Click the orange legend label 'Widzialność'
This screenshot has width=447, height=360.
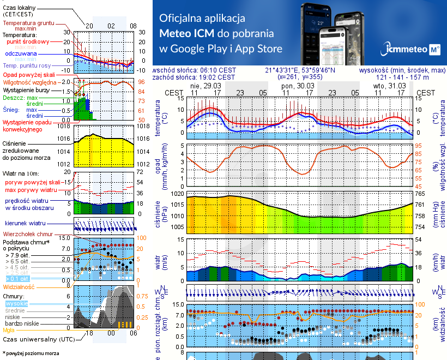pyautogui.click(x=19, y=286)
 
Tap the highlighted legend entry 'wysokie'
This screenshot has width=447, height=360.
pyautogui.click(x=16, y=303)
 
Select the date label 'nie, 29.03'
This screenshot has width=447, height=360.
pyautogui.click(x=203, y=86)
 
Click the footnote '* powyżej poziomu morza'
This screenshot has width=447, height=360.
pyautogui.click(x=29, y=353)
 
